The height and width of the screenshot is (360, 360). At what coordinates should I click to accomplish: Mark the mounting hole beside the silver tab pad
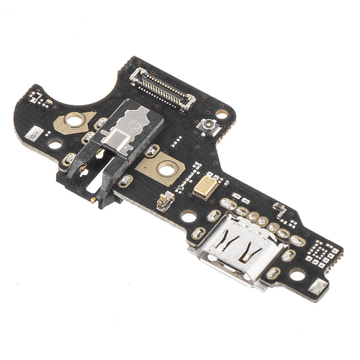(x=297, y=275)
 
